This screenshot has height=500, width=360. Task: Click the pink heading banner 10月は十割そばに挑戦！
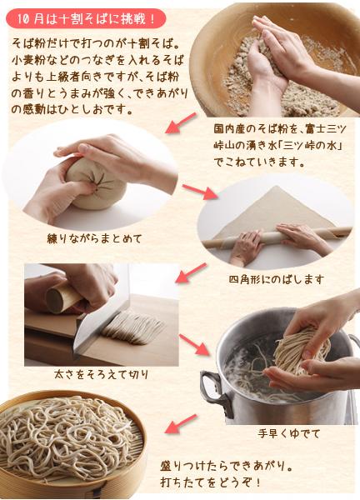coord(86,19)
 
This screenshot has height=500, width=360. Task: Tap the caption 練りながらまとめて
coord(94,239)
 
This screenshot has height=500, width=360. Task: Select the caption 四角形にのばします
coord(277,280)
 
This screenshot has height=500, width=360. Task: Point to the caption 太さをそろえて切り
coord(102,374)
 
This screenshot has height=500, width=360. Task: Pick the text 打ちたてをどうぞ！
coord(211,482)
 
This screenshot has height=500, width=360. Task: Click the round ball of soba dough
coord(96,184)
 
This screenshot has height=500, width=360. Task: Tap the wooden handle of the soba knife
coord(62,296)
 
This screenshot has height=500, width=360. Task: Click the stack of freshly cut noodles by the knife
coord(133,328)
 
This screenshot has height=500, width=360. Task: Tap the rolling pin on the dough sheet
coord(277,237)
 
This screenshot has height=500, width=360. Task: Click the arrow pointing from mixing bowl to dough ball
coord(181,122)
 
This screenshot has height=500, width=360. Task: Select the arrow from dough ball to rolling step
coord(200,192)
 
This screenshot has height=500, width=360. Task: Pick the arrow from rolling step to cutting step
coord(191,273)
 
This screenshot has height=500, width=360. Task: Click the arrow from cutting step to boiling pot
coord(194,344)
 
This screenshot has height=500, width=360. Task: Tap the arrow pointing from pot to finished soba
coord(181,423)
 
